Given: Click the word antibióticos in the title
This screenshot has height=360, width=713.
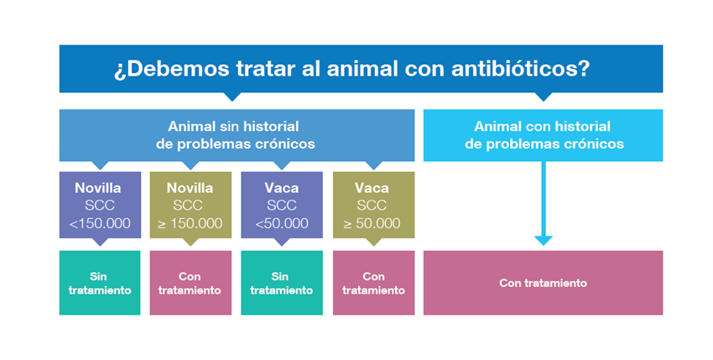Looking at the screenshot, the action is pos(521,69).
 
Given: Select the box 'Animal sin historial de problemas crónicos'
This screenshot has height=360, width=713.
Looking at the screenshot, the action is pos(237,135).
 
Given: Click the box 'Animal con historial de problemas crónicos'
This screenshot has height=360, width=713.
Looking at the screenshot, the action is pos(543,135).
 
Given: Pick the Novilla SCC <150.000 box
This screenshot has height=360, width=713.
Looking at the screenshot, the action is pos(100,205).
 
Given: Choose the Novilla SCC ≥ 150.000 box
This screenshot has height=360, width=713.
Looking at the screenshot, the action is pos(190,205).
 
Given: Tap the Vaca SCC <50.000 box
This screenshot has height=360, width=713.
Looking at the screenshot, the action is pos(282,205).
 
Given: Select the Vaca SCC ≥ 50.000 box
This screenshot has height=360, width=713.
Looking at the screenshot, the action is pos(373,205).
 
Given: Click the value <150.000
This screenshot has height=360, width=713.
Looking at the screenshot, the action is pos(100,223).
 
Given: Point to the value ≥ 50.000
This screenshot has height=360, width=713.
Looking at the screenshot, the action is pos(372,223).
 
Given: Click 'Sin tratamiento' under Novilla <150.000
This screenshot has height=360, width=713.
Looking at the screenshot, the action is pos(100,283).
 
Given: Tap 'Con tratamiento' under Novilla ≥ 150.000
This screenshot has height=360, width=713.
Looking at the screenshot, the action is pos(190,283).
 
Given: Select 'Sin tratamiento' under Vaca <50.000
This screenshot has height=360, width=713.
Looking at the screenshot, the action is pos(282,283).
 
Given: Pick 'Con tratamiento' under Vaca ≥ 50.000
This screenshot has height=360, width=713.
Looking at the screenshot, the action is pos(373,283).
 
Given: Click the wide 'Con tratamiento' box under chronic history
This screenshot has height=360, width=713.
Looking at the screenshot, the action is pos(543,283).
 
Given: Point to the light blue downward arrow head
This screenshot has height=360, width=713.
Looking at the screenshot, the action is pos(544,240).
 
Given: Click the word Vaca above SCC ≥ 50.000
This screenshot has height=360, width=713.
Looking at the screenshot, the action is pos(372,188).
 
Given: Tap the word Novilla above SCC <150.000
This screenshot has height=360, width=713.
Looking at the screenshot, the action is pos(98,188).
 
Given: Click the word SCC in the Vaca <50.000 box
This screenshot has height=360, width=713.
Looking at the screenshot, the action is pos(282,206).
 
